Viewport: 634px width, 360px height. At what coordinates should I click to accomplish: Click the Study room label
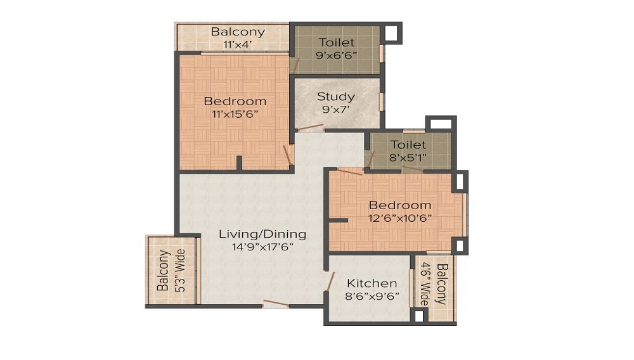pos(336,97)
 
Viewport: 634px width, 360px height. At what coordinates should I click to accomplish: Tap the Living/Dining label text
pos(262,234)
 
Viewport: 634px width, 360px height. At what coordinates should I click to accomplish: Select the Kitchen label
pos(372,283)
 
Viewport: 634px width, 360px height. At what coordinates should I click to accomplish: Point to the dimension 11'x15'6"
pos(235,114)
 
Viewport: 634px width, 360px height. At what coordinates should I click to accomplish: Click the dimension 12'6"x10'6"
pos(400,218)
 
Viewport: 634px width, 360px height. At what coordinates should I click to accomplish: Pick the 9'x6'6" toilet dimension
pos(337,55)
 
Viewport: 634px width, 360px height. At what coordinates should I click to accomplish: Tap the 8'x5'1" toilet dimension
pos(408,157)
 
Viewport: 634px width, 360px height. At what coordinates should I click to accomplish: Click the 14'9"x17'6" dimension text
pos(262,247)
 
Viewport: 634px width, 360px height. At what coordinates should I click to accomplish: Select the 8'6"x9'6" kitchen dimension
pos(372,296)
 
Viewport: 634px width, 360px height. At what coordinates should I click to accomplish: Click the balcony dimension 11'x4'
pos(238,44)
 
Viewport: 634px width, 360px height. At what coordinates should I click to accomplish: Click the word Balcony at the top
pos(238,32)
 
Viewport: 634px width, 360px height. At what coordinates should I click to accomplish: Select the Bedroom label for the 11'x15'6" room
pos(235,101)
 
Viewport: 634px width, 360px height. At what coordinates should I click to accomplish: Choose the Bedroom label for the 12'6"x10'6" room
pos(400,205)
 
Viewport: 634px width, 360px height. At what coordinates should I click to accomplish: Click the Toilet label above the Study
pos(337,42)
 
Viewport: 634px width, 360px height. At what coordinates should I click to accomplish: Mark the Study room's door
pos(311,128)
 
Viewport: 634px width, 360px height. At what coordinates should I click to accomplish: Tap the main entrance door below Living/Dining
pos(276,304)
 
